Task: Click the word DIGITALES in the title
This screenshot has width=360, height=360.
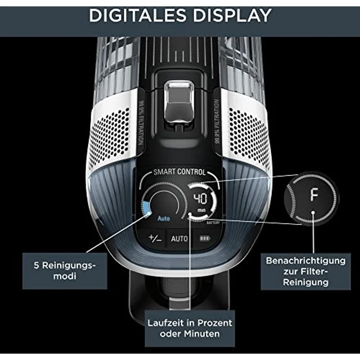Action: pos(137,15)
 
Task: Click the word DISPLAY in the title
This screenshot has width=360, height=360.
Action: pos(232,15)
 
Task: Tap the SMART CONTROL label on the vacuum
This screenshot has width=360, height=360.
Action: pos(180,172)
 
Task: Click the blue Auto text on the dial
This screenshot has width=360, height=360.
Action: pos(164,218)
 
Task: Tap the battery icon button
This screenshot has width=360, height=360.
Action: pos(204,239)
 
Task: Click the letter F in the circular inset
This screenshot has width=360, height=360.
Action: pos(315,194)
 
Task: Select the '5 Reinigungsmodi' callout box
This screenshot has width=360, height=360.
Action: pos(65,271)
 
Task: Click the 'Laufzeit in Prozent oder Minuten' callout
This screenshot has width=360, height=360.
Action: pos(190,328)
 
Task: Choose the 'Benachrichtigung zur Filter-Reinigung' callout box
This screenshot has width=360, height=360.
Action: pos(306,271)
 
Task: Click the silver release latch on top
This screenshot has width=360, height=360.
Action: pos(179,102)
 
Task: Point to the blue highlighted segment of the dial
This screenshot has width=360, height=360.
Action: pos(146,208)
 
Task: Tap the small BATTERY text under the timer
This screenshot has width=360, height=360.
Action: pos(213,223)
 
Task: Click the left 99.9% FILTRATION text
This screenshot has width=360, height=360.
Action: pos(141,123)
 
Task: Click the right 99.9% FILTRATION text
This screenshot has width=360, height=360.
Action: pos(217,122)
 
